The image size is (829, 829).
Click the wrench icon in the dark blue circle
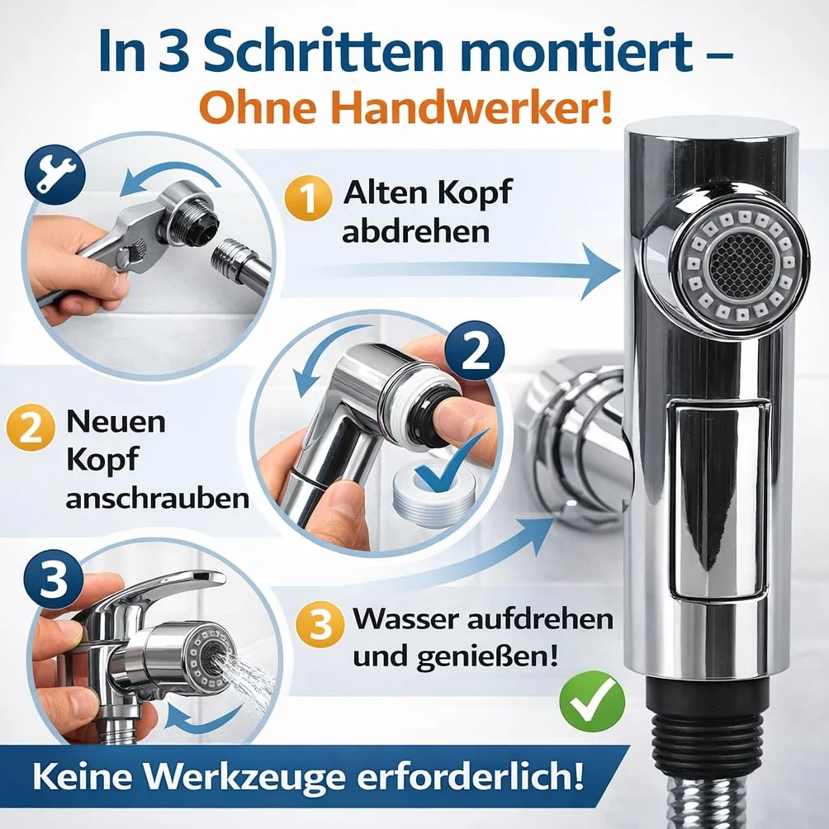[55, 174]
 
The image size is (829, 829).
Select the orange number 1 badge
[308, 197]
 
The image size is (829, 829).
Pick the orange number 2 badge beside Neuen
[30, 428]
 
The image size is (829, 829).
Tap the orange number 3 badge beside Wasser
[320, 624]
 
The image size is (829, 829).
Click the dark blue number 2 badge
[474, 351]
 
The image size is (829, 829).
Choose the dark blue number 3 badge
[54, 579]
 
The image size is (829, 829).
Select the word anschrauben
[158, 498]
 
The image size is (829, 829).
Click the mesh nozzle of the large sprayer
[740, 264]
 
